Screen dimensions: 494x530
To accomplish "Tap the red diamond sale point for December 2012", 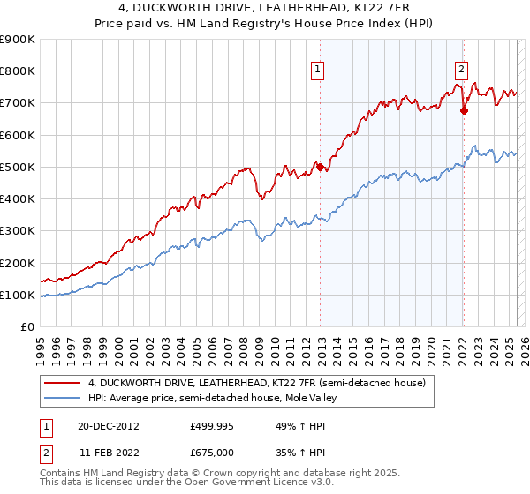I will click(x=321, y=167).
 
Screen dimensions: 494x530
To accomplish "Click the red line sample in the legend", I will click(x=62, y=383).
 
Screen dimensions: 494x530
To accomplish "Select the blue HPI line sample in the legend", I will click(x=62, y=398).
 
